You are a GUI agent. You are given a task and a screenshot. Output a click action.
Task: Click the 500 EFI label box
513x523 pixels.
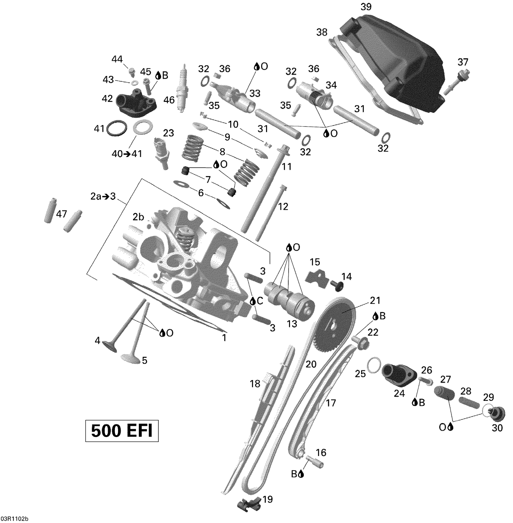coord(122,431)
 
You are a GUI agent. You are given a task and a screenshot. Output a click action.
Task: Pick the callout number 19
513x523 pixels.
coord(267,499)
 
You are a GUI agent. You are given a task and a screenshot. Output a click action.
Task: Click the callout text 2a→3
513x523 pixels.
coord(103,197)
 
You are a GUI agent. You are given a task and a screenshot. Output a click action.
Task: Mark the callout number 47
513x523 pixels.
coord(62,214)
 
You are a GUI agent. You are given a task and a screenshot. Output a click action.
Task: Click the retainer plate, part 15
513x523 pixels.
coord(315,277)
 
